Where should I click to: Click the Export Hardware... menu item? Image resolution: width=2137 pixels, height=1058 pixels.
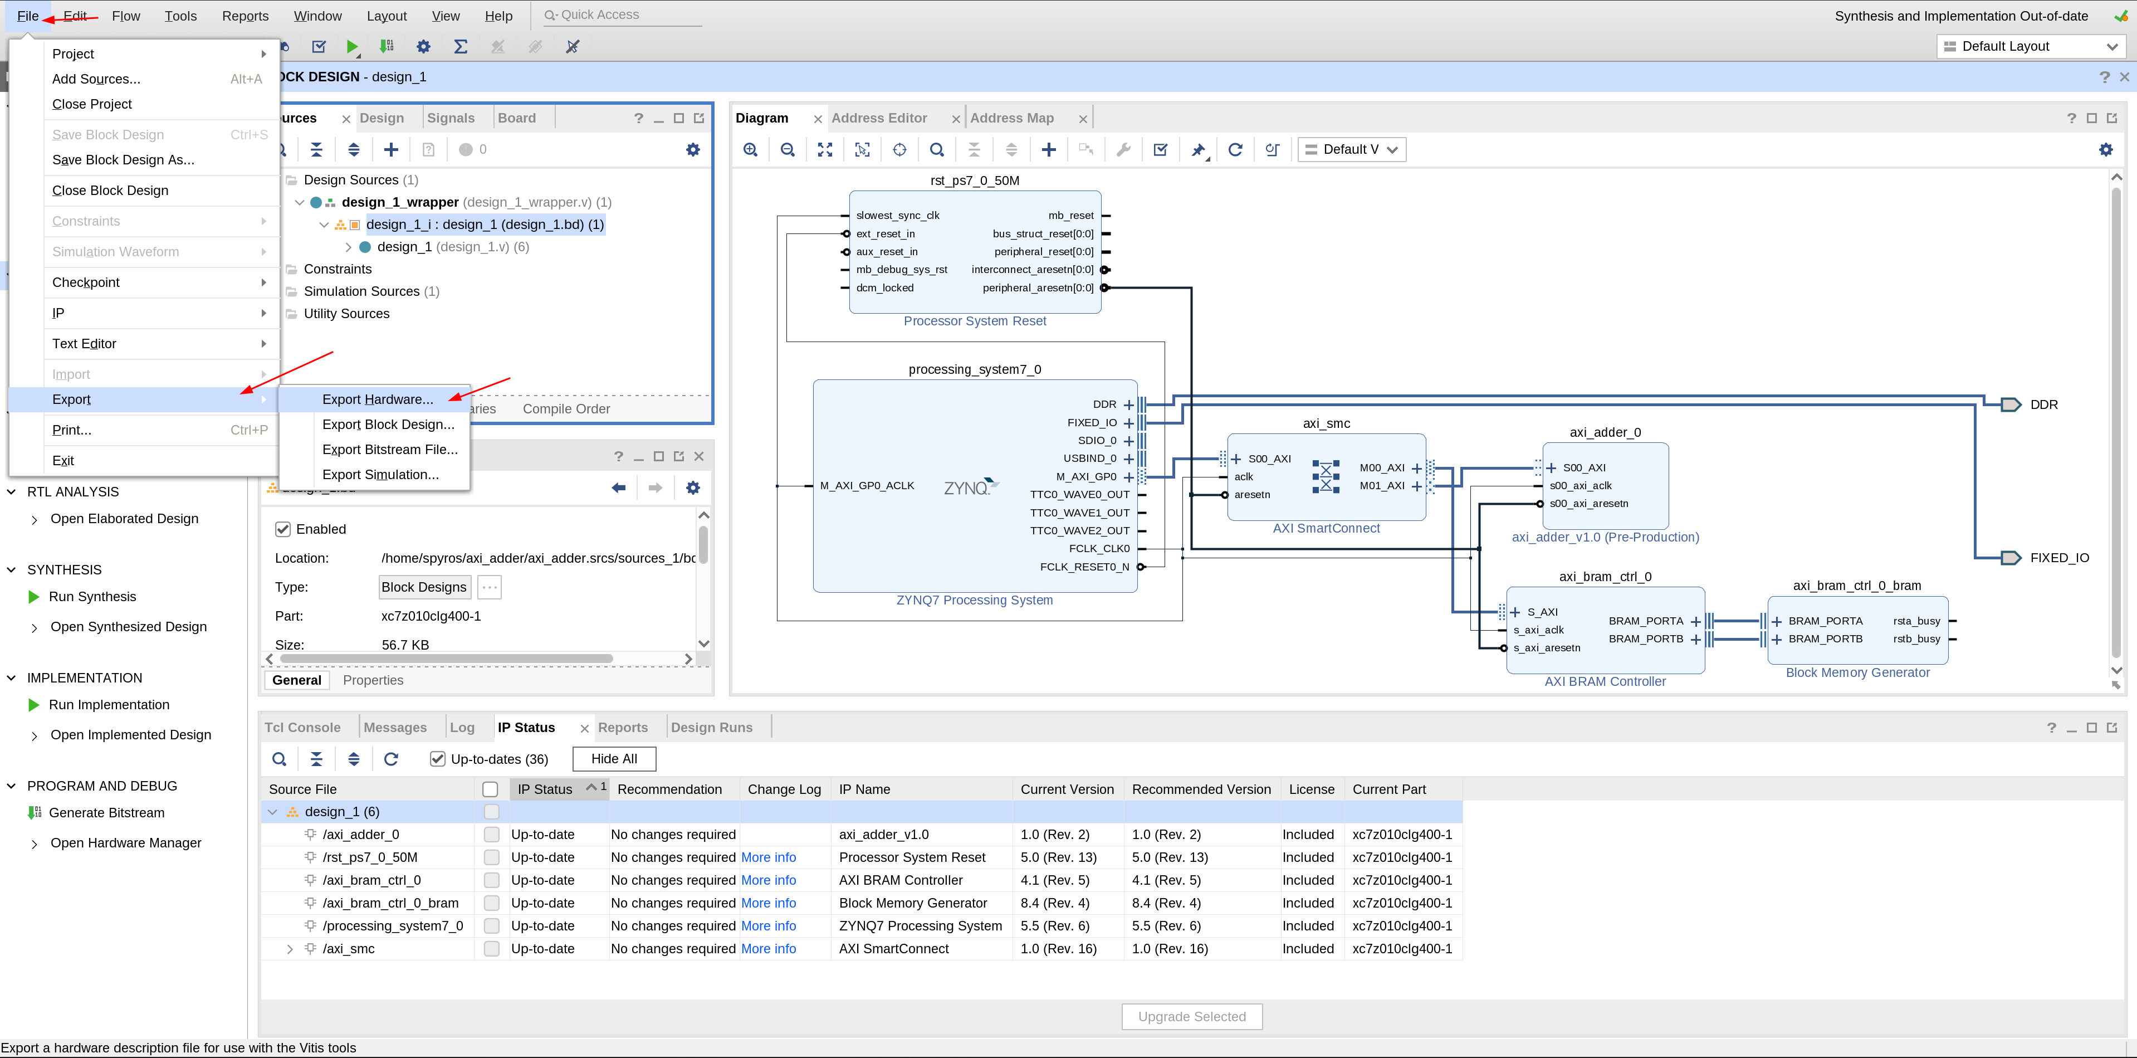click(x=378, y=399)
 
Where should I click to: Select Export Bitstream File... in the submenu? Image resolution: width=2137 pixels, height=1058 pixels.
click(x=389, y=449)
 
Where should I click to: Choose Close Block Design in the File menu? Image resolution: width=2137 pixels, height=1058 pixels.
click(x=110, y=190)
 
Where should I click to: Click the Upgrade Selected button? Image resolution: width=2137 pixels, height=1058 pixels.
click(x=1191, y=1017)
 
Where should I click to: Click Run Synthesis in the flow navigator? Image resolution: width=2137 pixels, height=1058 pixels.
click(x=92, y=597)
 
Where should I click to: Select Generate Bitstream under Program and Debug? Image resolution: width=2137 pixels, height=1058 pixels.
click(x=106, y=812)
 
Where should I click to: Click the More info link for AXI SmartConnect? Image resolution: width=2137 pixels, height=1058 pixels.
click(x=768, y=948)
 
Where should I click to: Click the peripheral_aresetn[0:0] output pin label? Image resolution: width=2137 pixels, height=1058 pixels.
click(x=1038, y=288)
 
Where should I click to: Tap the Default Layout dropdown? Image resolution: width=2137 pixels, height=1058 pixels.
click(x=2029, y=46)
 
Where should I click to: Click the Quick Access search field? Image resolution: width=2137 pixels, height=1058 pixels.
click(x=622, y=15)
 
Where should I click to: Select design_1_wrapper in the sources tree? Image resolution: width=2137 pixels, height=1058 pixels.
click(x=400, y=202)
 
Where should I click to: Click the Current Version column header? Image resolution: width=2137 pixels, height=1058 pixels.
click(x=1067, y=789)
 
